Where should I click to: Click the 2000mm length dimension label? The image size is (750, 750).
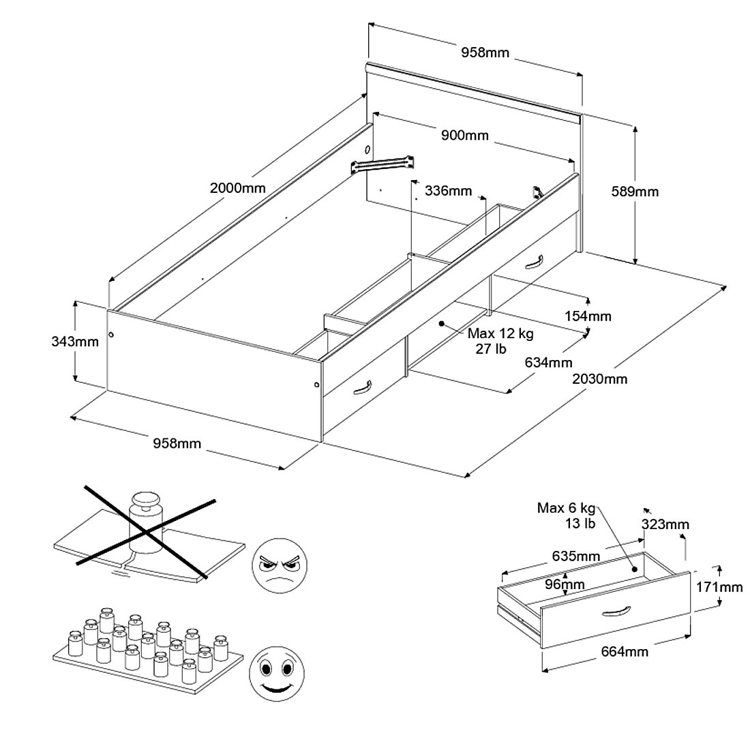pos(237,188)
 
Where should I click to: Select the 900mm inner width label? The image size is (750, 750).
pos(465,136)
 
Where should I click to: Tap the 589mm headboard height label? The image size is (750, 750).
pos(635,192)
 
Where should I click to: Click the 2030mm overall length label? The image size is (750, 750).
pos(600,378)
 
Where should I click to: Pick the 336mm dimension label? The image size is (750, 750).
pos(448,190)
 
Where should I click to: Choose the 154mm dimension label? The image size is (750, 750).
pos(588,316)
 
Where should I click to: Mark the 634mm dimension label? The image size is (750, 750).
pos(548,362)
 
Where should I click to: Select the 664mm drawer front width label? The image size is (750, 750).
pos(625,652)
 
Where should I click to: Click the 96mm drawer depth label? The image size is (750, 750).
pos(565,584)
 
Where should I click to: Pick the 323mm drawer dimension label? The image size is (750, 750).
pos(665,524)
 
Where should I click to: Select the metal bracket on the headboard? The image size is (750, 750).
pos(383,164)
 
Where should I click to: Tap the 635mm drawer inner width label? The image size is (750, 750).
pos(577,556)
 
